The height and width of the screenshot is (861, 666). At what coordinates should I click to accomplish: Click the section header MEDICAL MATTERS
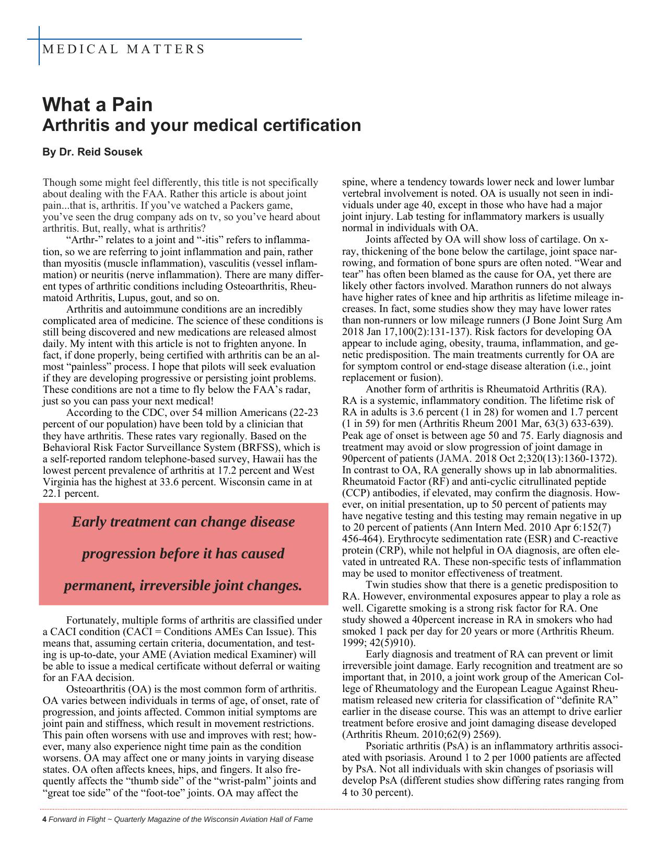click(x=123, y=50)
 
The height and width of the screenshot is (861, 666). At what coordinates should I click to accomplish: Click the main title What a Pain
click(x=98, y=105)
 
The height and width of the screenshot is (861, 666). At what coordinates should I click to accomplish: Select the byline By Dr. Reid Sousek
click(x=92, y=152)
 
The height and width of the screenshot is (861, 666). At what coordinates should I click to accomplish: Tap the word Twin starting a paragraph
click(x=376, y=585)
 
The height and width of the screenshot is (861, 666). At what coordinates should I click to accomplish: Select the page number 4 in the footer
click(x=44, y=819)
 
